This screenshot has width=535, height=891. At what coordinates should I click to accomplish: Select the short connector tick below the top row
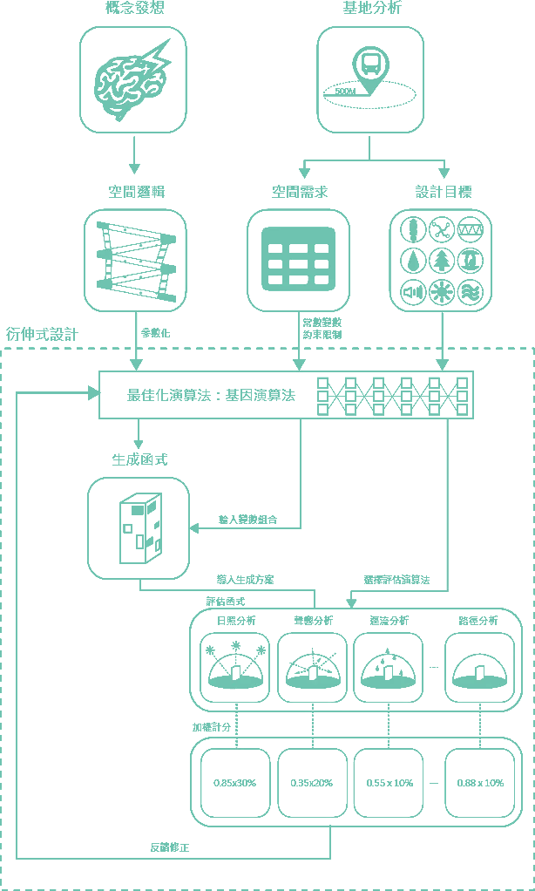click(302, 166)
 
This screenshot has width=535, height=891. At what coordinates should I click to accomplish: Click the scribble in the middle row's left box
click(134, 257)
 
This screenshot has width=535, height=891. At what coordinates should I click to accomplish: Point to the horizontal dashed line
click(261, 346)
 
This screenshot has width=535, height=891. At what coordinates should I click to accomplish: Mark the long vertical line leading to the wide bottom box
click(449, 506)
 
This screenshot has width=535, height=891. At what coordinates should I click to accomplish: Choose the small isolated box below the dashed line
click(139, 523)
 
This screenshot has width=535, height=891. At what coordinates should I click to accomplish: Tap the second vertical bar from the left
click(277, 780)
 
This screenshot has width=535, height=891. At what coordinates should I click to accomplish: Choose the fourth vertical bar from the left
click(444, 780)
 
